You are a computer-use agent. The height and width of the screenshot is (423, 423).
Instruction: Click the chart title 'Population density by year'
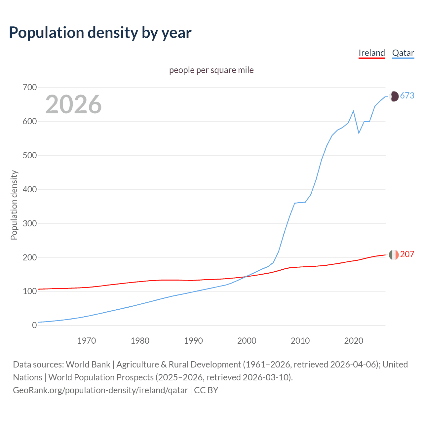pos(100,33)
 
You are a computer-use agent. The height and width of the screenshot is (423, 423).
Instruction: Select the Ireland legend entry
pos(372,53)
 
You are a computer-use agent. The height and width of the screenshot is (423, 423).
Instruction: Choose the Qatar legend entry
pos(403,53)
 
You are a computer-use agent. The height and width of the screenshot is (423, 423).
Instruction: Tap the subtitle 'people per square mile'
pos(211,70)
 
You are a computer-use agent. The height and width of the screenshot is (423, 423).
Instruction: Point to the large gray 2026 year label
pos(73,104)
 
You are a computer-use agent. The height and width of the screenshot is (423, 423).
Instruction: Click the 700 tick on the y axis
pos(30,88)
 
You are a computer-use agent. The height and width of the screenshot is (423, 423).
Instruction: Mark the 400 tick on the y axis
pos(30,189)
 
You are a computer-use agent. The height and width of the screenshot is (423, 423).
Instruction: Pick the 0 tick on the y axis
pos(34,325)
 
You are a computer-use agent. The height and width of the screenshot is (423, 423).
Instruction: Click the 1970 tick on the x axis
pos(87,341)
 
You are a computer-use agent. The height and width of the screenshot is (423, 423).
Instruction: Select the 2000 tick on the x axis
pos(247,341)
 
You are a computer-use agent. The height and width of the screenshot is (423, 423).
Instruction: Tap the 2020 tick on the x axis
pos(354,341)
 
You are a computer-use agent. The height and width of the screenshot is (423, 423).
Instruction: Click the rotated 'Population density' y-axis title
pos(14,205)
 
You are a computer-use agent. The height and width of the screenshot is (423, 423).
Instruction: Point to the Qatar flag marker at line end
pos(394,96)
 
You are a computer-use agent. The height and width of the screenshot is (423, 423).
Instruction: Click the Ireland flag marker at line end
pos(394,255)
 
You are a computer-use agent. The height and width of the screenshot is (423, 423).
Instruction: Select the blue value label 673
pos(407,96)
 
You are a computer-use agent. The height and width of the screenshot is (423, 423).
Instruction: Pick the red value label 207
pos(407,254)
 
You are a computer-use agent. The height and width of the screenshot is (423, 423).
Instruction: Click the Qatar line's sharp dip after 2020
pos(359,133)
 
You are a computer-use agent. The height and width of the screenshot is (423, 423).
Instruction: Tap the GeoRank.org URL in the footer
pos(100,390)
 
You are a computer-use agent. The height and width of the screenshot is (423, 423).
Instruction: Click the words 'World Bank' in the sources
pos(88,365)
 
